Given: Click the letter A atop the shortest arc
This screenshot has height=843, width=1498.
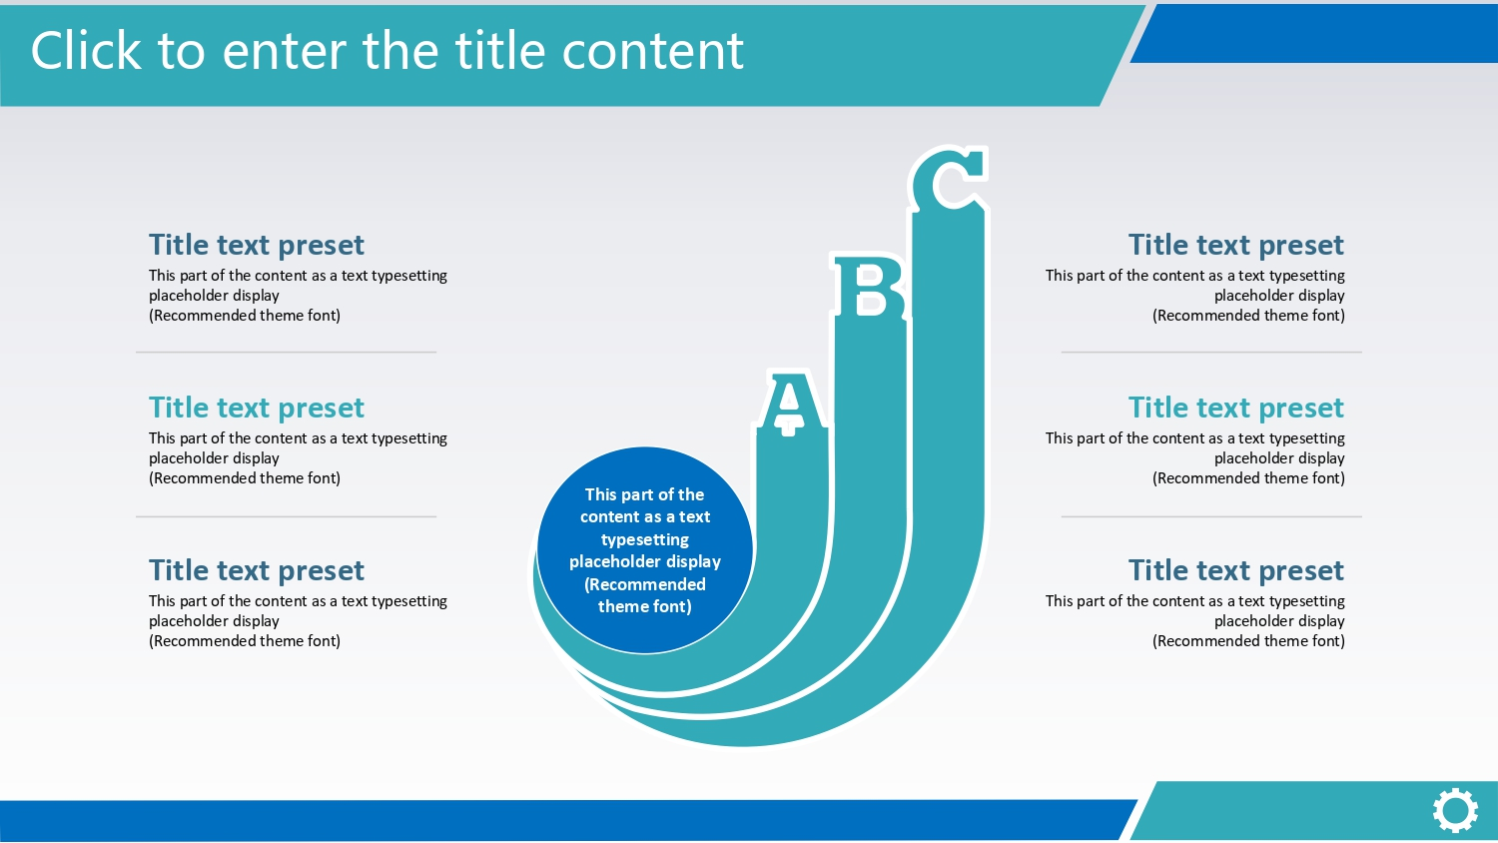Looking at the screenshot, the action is pos(790,403).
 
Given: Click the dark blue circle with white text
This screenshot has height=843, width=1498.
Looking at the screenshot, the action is pos(645,550).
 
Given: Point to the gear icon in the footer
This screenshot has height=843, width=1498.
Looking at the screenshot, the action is pos(1455,811).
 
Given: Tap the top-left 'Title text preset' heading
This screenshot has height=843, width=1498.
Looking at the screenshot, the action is pos(256,245).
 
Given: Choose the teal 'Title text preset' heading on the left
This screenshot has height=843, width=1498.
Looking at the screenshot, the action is pos(256,408).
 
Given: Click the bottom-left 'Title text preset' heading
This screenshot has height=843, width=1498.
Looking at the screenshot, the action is pos(256,570).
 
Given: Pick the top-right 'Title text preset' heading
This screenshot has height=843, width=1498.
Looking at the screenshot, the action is pos(1236,245).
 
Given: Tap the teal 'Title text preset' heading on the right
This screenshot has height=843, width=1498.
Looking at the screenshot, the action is pos(1236,408).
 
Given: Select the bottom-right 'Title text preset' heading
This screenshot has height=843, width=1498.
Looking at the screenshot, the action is pos(1236,570).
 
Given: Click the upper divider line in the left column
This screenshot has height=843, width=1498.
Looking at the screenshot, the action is pos(287,352).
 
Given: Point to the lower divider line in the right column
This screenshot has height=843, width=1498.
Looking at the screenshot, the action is pos(1211,516).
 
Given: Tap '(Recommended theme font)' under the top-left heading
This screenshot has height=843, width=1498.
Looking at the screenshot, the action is pos(245,316).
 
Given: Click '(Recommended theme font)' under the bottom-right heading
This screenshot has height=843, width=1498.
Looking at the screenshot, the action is pos(1248,641).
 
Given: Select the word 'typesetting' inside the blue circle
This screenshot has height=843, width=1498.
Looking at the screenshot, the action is pos(645,539).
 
